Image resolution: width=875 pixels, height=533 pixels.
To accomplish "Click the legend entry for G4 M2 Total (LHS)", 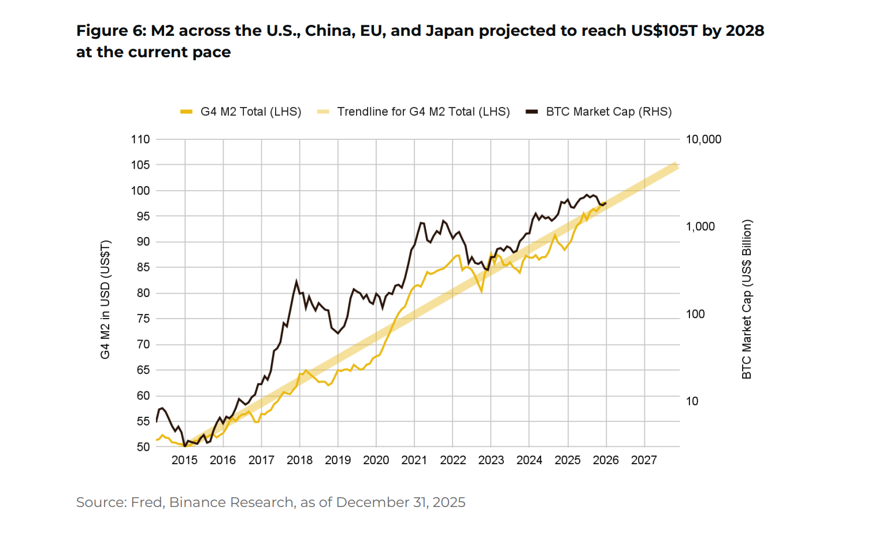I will tap(250, 112).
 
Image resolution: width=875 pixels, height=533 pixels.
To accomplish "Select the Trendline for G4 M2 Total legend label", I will tap(423, 112).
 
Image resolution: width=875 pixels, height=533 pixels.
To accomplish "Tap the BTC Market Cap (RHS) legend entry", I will tap(609, 112).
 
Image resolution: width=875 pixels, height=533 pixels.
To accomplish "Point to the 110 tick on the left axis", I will tap(140, 139).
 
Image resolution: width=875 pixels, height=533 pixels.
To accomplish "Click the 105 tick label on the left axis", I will tap(140, 165).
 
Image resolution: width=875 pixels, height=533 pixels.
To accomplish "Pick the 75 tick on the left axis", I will tap(143, 319).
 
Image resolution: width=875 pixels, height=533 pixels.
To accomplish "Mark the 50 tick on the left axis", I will tap(143, 447).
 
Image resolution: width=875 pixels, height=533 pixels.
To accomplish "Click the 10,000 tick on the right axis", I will tap(703, 139).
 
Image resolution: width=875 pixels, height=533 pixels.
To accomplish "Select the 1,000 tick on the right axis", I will tap(700, 227).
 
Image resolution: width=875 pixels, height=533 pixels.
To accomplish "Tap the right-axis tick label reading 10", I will tap(692, 401).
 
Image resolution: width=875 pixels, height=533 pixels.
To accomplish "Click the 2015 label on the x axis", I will tap(184, 460).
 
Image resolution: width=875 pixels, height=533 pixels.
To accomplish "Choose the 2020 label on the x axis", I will tap(376, 460).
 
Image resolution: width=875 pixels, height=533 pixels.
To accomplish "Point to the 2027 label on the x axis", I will tap(644, 460).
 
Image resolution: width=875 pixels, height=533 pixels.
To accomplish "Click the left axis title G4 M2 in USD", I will tap(105, 299).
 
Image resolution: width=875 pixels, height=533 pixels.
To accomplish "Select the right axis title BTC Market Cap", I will tap(747, 299).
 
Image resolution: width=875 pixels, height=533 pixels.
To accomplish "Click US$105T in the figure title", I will tap(664, 31).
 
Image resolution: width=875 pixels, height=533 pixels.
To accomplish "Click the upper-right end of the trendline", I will tap(675, 166).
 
